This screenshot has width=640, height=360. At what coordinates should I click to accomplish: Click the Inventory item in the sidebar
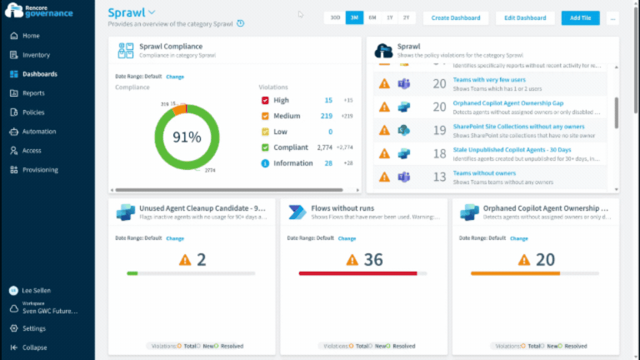36,55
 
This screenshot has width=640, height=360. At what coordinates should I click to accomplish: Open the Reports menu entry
33,93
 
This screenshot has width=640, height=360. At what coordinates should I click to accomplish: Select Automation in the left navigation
39,132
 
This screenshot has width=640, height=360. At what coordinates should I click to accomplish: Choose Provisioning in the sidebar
40,170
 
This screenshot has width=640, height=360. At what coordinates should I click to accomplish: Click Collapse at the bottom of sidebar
34,347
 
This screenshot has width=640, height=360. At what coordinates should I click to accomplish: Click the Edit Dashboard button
526,17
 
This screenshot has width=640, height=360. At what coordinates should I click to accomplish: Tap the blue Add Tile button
580,17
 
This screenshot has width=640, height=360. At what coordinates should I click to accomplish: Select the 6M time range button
372,17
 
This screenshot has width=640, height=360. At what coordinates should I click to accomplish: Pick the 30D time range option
335,17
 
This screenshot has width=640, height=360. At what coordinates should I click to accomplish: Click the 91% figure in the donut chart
187,137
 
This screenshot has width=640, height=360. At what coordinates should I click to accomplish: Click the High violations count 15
328,100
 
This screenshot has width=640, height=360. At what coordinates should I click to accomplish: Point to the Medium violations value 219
326,116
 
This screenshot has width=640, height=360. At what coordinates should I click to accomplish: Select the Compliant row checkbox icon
265,147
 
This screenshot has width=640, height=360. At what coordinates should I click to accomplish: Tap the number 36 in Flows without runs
373,260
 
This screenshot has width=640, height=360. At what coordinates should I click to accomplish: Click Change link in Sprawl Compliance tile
175,77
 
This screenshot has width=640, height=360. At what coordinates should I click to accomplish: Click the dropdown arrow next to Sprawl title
152,12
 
